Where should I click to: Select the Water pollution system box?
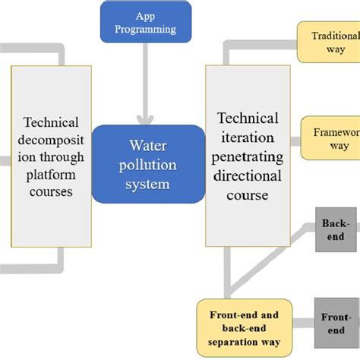(x=148, y=163)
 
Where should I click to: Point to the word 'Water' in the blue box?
(x=148, y=144)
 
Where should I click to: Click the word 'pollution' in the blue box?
(x=148, y=163)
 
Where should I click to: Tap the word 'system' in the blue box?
(x=148, y=182)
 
